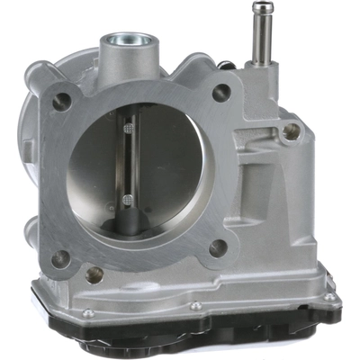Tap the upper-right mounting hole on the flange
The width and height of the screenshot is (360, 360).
[220, 92]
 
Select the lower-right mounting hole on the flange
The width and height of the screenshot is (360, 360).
[218, 247]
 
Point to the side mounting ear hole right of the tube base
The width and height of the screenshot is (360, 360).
[291, 130]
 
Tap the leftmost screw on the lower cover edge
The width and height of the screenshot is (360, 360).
[87, 313]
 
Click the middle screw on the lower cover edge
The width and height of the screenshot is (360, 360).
[196, 306]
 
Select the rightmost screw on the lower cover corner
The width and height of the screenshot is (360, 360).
[330, 296]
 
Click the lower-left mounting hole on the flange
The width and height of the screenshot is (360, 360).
[60, 259]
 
